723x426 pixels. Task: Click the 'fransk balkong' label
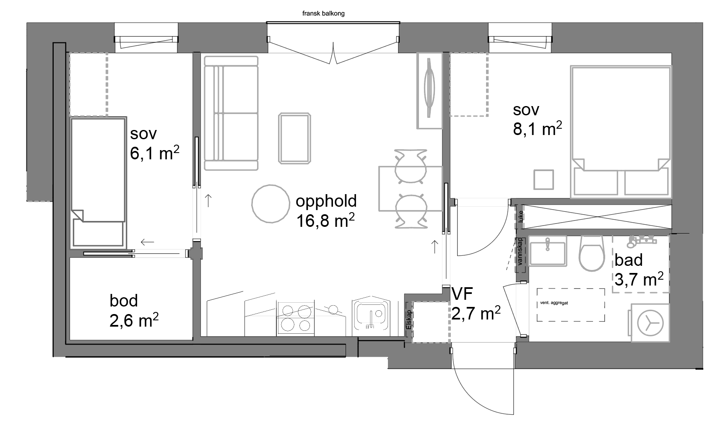click(323, 13)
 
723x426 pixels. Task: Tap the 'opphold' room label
click(326, 201)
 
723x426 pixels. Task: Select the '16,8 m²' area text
click(326, 220)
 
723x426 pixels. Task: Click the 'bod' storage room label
click(124, 301)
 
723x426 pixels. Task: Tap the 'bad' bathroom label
click(629, 260)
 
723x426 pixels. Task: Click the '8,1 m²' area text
click(537, 129)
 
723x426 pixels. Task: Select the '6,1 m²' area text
click(155, 153)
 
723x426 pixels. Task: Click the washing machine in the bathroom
click(650, 323)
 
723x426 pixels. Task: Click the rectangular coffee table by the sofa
click(294, 138)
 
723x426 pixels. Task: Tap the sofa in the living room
click(231, 113)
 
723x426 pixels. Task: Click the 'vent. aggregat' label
click(554, 302)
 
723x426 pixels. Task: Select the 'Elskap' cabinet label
click(409, 321)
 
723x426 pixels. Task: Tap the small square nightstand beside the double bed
click(544, 179)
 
